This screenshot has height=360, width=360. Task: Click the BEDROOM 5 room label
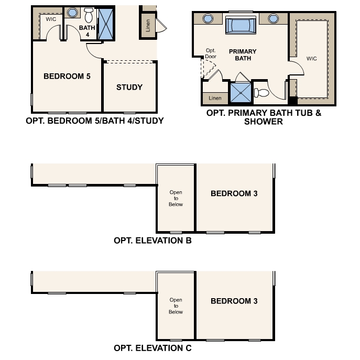point(67,77)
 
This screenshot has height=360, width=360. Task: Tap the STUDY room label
point(129,87)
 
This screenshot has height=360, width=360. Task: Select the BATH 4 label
point(88,30)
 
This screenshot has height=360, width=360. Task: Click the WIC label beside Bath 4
point(51,19)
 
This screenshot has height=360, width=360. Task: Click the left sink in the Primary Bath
point(208,19)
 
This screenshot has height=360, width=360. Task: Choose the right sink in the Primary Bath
point(272,19)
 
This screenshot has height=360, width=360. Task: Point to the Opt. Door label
point(211,53)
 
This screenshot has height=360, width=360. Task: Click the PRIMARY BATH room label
point(243,55)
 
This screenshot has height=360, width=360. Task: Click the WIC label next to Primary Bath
point(312,59)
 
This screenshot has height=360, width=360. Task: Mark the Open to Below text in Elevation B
point(176,199)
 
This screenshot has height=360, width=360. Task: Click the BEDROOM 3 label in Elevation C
point(234,301)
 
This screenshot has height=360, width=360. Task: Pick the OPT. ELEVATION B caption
point(152,241)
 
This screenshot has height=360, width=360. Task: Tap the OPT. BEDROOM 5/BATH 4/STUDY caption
point(95,121)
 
